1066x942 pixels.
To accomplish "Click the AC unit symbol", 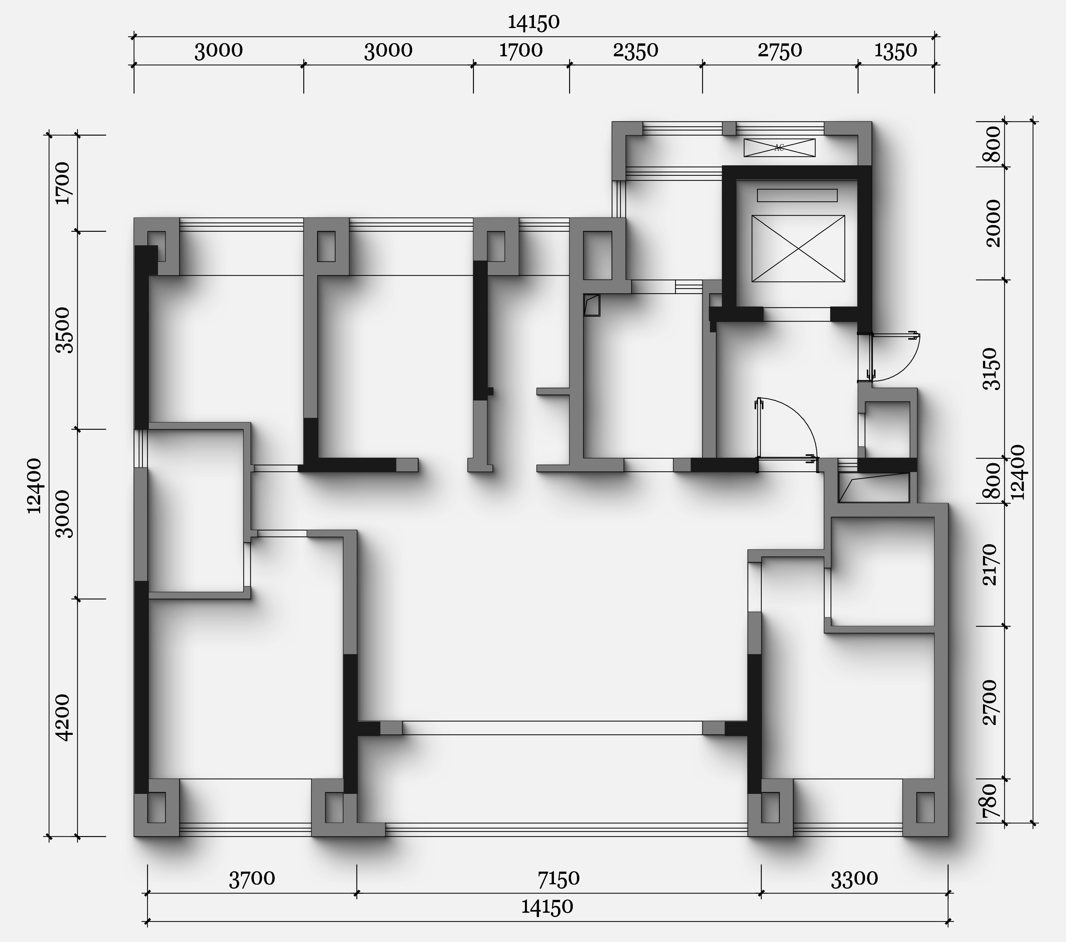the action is pyautogui.click(x=779, y=148).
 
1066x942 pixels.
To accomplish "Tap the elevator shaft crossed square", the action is pyautogui.click(x=798, y=248).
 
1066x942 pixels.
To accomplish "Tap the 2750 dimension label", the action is pyautogui.click(x=780, y=51).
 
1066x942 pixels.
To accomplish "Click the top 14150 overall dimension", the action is pyautogui.click(x=534, y=22).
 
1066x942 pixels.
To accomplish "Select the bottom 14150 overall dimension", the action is pyautogui.click(x=547, y=907).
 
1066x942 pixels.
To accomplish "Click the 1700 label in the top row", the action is pyautogui.click(x=521, y=51).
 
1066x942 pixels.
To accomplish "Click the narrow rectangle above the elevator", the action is pyautogui.click(x=797, y=195).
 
